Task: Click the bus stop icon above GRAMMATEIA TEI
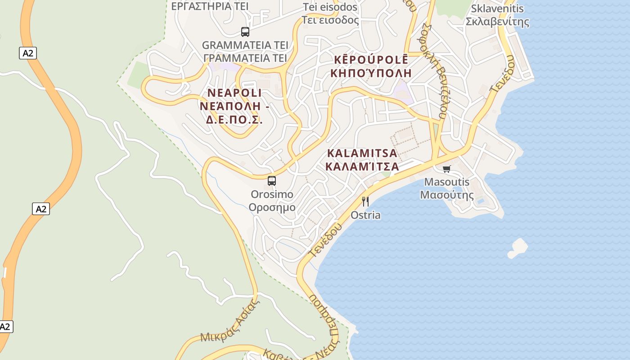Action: click(245, 32)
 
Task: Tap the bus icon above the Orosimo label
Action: click(272, 181)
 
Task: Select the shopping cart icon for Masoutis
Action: click(446, 169)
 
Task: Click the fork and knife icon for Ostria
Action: click(365, 201)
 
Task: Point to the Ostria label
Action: click(365, 215)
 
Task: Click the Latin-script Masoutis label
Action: click(447, 182)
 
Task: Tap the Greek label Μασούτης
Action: click(447, 195)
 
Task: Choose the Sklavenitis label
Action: click(497, 9)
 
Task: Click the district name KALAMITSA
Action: click(362, 153)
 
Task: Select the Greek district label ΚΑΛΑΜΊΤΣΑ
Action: click(362, 166)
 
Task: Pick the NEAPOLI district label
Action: click(234, 93)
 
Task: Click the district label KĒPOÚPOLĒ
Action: click(371, 59)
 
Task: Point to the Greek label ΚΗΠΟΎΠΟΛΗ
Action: click(371, 72)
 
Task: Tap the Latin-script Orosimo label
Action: click(272, 194)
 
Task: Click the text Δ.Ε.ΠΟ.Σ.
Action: click(234, 121)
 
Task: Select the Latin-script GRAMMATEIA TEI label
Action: click(245, 45)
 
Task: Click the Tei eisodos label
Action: click(330, 7)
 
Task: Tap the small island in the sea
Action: click(518, 248)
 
